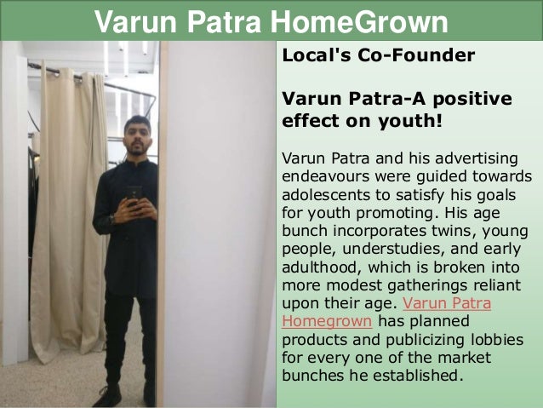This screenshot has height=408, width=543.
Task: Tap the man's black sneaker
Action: tap(108, 395)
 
